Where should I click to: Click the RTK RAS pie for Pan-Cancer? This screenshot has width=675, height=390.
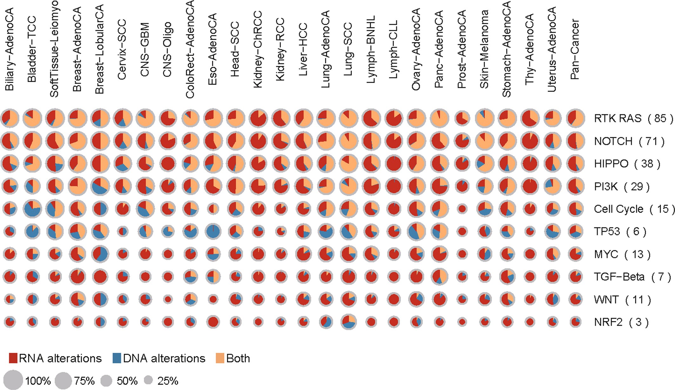click(x=575, y=119)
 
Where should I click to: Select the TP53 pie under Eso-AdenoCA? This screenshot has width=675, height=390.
click(x=213, y=231)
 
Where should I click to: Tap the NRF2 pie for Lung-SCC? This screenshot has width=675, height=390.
click(x=348, y=322)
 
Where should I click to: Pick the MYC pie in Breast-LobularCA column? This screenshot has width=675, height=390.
click(x=100, y=254)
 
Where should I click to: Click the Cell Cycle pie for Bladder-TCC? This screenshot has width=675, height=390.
click(x=32, y=209)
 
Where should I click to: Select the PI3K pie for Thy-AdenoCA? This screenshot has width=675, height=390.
click(x=530, y=187)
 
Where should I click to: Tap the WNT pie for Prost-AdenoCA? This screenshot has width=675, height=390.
click(x=462, y=299)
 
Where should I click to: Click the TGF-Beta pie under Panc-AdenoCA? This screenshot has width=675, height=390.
click(x=440, y=277)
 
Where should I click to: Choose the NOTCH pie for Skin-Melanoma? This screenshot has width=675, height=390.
click(x=485, y=141)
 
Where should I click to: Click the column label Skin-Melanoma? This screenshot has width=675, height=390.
click(x=484, y=49)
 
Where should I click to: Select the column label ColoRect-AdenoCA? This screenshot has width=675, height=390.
click(x=190, y=49)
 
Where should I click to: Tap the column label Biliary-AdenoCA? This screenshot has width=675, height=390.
click(x=10, y=49)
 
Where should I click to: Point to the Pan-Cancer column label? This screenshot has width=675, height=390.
click(x=575, y=49)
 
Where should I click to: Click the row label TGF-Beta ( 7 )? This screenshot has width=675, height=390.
click(x=632, y=277)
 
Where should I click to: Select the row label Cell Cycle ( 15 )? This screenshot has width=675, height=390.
click(x=634, y=209)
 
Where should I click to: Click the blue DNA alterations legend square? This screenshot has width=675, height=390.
click(x=117, y=358)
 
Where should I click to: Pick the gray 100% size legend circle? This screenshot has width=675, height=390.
click(x=13, y=380)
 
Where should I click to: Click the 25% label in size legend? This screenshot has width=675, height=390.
click(x=167, y=381)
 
